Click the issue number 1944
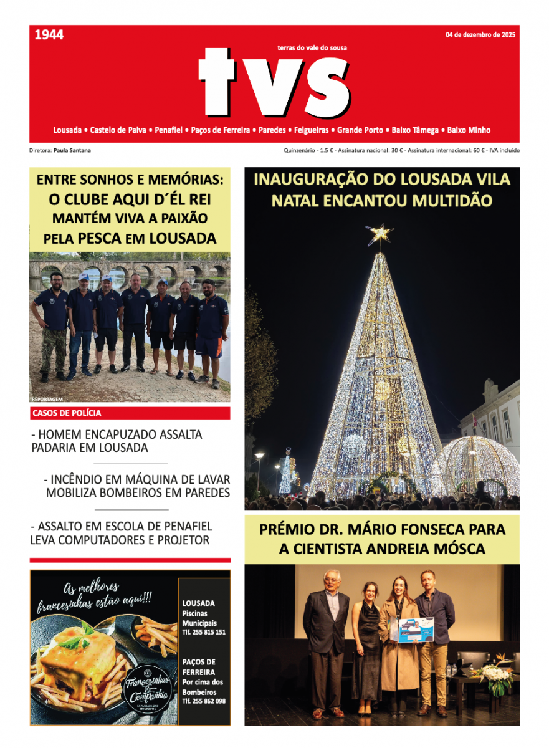coord(49,35)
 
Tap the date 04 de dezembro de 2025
coord(480,35)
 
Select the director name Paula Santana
coord(69,151)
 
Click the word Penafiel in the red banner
coord(169,130)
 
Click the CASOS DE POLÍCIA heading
coord(66,413)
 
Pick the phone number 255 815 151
coord(204,632)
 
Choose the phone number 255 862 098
coord(204,701)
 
